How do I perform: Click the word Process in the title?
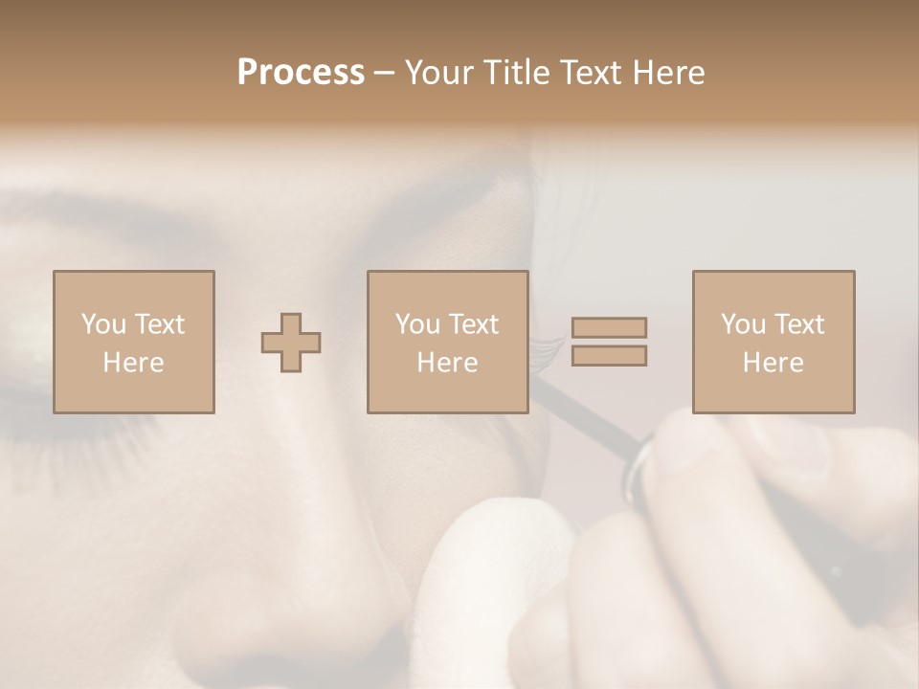[x=301, y=73]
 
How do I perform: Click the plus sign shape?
[x=291, y=343]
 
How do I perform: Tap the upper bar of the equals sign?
[x=609, y=327]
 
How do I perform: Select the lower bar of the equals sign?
[x=609, y=356]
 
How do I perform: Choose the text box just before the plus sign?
[x=134, y=342]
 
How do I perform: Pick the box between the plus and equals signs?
[x=447, y=342]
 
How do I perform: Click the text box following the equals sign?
[x=773, y=342]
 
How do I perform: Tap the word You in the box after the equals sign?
[x=743, y=325]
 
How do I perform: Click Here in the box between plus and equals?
[x=447, y=363]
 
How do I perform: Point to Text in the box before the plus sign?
[x=159, y=325]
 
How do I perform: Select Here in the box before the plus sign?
[x=133, y=363]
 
